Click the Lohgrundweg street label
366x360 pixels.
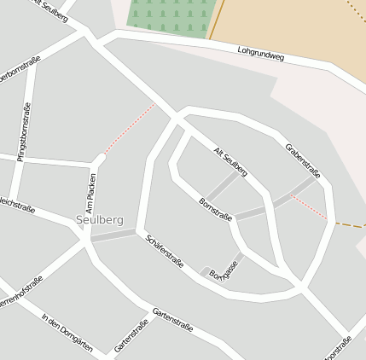click(260, 55)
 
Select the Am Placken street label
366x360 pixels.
click(91, 192)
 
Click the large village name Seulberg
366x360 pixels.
click(99, 220)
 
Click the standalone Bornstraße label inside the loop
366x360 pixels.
click(215, 210)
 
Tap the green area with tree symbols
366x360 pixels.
click(168, 17)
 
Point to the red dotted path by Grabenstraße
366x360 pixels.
click(308, 207)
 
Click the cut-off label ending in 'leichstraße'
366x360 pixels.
click(16, 205)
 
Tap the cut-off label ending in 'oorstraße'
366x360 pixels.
click(338, 348)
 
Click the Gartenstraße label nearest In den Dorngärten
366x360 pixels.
click(131, 336)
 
